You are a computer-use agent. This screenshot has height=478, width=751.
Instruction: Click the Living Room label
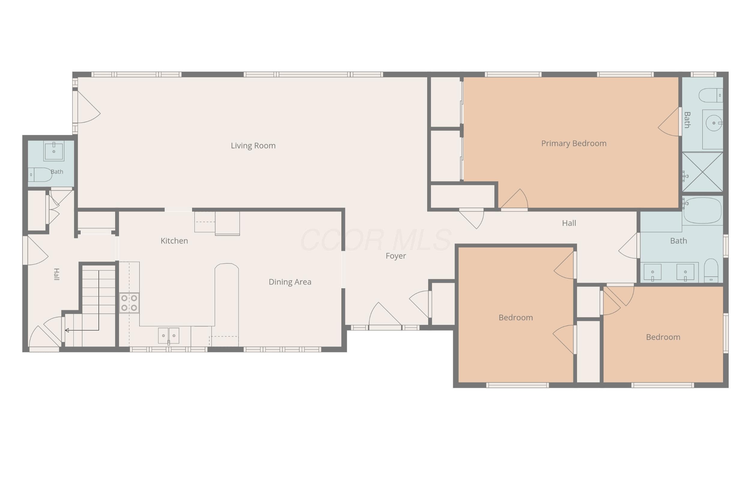253,146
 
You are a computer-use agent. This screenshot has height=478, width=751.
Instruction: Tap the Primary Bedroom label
574,144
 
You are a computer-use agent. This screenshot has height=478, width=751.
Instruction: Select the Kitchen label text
174,241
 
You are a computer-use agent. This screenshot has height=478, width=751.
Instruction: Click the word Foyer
396,256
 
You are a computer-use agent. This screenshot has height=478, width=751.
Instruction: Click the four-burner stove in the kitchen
129,303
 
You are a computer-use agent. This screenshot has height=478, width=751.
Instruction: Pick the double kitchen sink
169,335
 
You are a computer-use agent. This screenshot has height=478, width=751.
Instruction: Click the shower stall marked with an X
702,172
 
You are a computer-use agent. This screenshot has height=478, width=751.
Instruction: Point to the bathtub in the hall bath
702,211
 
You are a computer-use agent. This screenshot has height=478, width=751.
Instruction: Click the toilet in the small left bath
40,175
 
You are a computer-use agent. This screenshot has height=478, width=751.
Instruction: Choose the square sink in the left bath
54,151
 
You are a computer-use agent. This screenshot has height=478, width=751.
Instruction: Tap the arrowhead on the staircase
67,330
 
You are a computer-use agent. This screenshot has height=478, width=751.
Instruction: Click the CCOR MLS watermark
375,240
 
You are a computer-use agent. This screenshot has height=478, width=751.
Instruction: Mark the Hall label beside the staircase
56,274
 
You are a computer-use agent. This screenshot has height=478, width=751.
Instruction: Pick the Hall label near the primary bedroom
569,223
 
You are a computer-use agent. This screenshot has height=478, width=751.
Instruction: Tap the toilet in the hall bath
711,270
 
